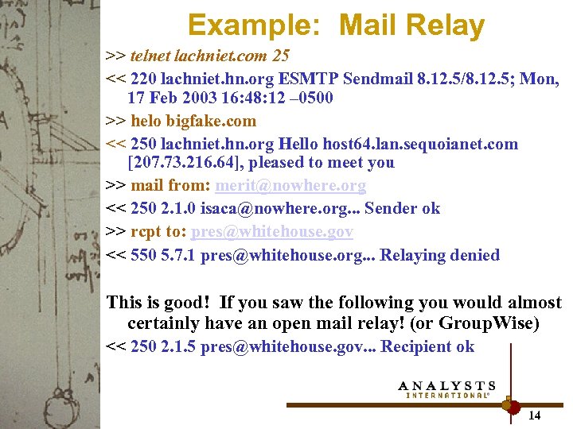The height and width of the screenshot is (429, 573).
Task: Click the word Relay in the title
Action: (447, 25)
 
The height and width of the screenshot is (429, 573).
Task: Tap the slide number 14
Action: (535, 415)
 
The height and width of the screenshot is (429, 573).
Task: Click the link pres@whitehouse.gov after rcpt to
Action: (271, 232)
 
